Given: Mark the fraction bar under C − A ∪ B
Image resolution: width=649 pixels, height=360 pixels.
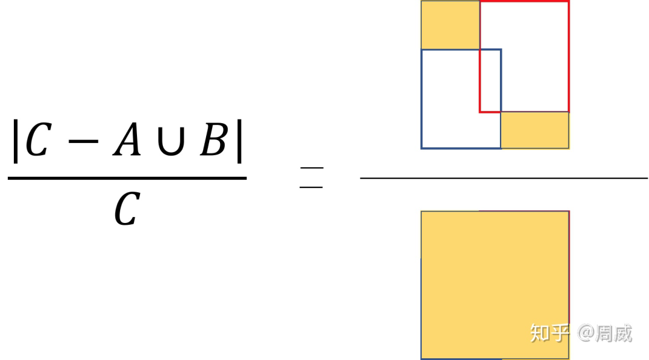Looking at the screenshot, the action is click(x=127, y=178).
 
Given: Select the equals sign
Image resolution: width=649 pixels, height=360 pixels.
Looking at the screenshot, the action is click(x=311, y=178).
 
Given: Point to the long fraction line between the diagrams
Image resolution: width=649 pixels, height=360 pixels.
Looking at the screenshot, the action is click(x=504, y=178).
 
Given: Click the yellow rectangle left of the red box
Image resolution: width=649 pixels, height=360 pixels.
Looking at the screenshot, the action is click(x=450, y=25).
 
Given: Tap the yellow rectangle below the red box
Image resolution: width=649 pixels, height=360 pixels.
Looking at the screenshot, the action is click(x=535, y=130).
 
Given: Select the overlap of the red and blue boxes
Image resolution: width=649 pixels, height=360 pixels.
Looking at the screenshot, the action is click(x=490, y=81).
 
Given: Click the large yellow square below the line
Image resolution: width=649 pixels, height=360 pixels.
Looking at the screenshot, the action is click(x=495, y=282).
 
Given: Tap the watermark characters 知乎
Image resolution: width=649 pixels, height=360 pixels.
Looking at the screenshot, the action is click(x=549, y=332).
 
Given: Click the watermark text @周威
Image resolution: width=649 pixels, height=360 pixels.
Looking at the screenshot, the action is click(x=605, y=332).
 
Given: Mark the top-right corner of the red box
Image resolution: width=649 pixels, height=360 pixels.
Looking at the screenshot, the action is click(x=568, y=2).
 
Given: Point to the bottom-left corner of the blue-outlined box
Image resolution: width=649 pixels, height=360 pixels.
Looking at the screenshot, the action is click(x=422, y=148).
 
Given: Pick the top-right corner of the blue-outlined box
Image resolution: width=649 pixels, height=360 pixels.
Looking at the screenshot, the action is click(x=501, y=50).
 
